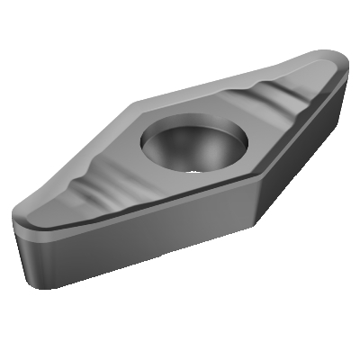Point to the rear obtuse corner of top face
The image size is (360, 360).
(135, 102)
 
